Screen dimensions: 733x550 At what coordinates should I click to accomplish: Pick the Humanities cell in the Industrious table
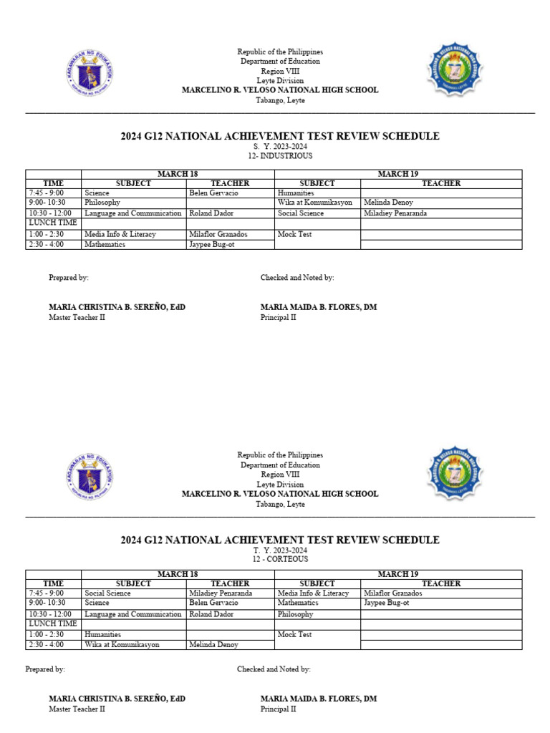pos(296,193)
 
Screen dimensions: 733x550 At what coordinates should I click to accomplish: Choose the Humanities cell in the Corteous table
pos(102,634)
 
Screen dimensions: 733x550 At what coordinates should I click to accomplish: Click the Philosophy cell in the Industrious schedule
pos(102,203)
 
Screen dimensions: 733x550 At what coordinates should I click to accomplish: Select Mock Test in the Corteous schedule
pos(294,634)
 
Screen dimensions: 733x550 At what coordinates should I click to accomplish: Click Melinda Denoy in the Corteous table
pos(213,644)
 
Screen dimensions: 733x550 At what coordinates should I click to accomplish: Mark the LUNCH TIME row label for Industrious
pos(52,223)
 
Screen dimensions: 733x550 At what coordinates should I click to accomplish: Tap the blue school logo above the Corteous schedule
pos(455,474)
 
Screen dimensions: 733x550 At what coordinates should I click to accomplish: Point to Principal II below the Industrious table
pos(278,317)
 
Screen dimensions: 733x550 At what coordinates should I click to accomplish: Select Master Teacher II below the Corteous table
pos(77,709)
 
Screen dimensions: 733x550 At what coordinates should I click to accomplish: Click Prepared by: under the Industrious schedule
pos(69,278)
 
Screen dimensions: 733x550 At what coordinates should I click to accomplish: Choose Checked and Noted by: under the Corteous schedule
pos(274,669)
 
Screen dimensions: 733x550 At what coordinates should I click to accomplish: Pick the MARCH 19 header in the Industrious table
pos(398,173)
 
